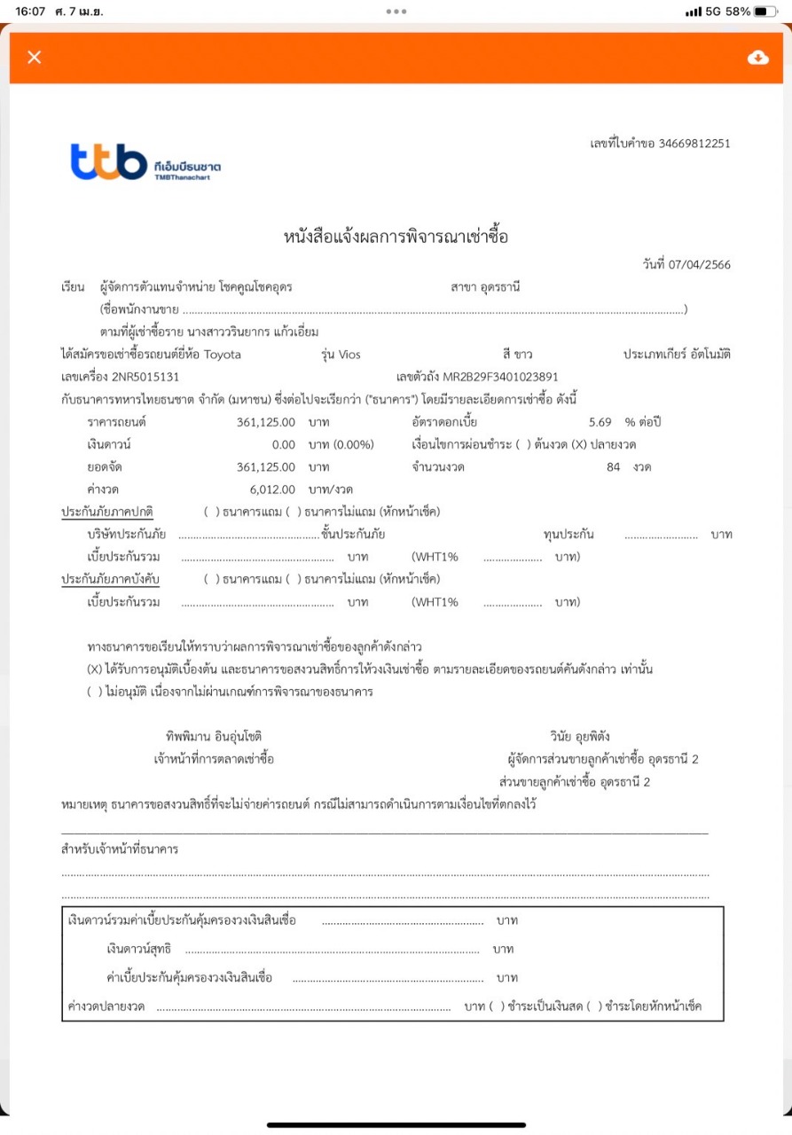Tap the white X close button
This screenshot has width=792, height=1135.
[35, 58]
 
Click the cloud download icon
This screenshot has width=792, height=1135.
[757, 58]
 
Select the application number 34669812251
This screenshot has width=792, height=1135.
[694, 143]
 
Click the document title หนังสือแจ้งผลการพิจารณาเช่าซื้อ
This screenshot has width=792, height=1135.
[396, 237]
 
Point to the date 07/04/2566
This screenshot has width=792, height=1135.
[701, 265]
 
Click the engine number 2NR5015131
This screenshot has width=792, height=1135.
[145, 377]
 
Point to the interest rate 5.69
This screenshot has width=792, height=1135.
[600, 421]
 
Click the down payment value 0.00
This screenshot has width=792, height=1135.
[283, 444]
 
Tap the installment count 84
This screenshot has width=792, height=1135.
[613, 466]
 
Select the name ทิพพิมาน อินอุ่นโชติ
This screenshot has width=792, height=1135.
[214, 736]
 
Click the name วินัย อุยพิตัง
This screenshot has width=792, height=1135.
[579, 736]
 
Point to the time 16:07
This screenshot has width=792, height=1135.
[29, 12]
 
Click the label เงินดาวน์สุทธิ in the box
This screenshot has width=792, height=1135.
[138, 949]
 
